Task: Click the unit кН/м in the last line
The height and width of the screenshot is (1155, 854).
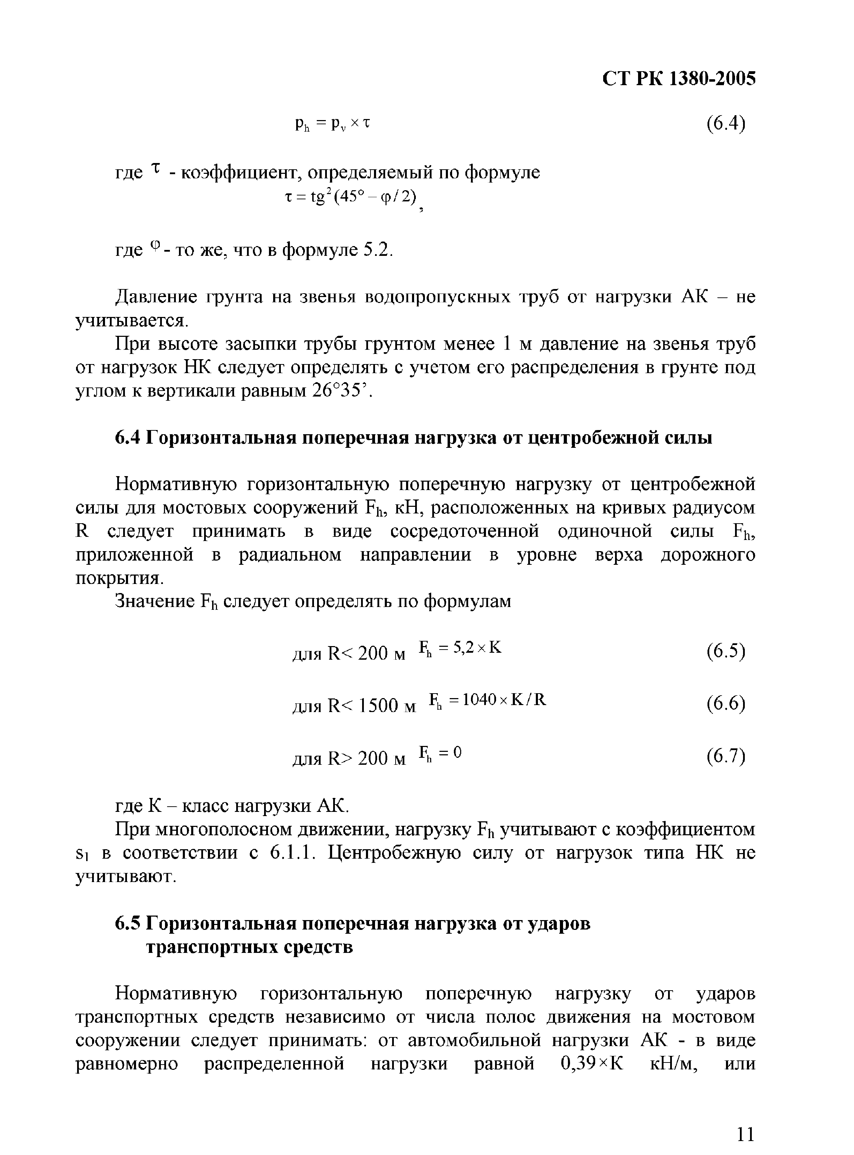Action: pyautogui.click(x=671, y=1064)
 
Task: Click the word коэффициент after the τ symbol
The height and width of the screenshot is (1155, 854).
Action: pyautogui.click(x=238, y=172)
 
